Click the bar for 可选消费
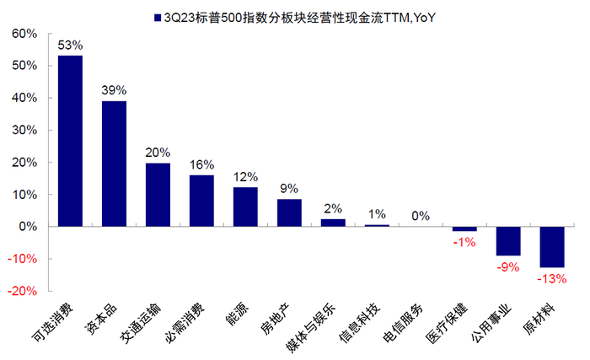click(70, 141)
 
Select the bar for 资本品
click(114, 164)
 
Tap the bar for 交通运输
click(158, 195)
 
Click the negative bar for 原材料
click(552, 247)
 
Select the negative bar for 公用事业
click(508, 241)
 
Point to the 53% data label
click(70, 45)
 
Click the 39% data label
click(114, 90)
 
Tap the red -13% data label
click(552, 278)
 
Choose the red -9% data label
click(508, 266)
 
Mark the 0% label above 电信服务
click(421, 216)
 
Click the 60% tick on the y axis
click(24, 34)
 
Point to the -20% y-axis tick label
click(23, 291)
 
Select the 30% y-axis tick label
click(24, 130)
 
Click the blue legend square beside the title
click(156, 17)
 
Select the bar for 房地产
click(289, 212)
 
